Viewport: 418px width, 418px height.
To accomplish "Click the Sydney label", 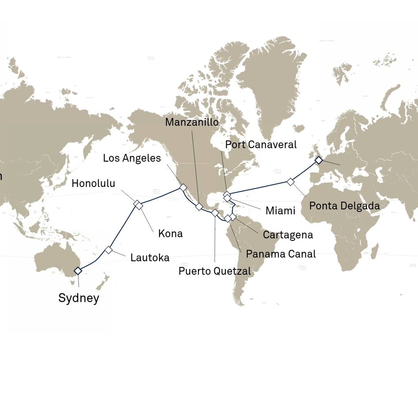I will (x=78, y=298).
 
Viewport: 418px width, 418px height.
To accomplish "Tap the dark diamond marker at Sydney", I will (x=78, y=270).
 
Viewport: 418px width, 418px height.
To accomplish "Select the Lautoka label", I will (x=150, y=258).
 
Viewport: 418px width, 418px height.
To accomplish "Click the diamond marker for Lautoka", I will (x=108, y=250).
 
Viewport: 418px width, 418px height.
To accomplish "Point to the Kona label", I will (x=170, y=234).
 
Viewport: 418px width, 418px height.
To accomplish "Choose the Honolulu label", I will (x=93, y=184).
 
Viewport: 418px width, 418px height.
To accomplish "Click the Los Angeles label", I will (x=132, y=158).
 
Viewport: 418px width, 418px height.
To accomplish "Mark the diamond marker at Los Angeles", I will (x=183, y=187).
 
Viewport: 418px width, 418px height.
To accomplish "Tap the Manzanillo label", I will (x=192, y=122).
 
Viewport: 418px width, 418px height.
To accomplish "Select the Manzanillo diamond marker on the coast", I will (x=199, y=207).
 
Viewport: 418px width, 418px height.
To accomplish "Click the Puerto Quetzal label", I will (x=215, y=271).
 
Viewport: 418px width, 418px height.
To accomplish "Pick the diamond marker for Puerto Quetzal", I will (x=215, y=213).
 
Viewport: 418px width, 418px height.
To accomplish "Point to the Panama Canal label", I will (x=281, y=254).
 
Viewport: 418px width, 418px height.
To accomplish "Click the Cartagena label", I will (x=288, y=235).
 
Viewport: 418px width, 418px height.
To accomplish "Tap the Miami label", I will (x=280, y=211).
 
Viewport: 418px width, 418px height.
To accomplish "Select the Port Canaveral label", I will (x=261, y=145).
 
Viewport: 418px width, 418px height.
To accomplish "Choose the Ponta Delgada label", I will (x=345, y=206).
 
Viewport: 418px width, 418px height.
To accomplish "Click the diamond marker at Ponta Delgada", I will (x=290, y=181).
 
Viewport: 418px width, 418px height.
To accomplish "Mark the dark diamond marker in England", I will (x=318, y=160).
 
